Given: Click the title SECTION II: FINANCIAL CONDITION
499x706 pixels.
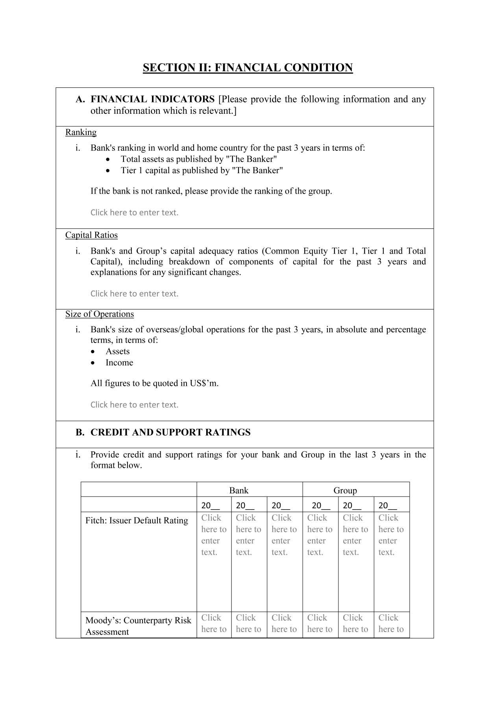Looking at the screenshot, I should pyautogui.click(x=248, y=68).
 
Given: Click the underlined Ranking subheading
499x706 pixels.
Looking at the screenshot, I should pyautogui.click(x=81, y=132).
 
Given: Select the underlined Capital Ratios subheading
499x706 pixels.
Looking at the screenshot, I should pyautogui.click(x=91, y=235).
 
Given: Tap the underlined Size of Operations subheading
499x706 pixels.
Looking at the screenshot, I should pyautogui.click(x=100, y=314).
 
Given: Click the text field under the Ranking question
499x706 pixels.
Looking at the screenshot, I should pyautogui.click(x=135, y=213).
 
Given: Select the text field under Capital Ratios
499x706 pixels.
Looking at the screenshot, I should pyautogui.click(x=135, y=294).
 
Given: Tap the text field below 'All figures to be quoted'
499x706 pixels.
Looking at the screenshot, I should pyautogui.click(x=135, y=405).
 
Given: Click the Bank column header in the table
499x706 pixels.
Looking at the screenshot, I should pyautogui.click(x=239, y=491).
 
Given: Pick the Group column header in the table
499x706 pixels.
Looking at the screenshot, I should pyautogui.click(x=345, y=491).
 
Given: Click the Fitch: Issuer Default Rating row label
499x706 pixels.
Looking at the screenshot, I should pyautogui.click(x=137, y=521).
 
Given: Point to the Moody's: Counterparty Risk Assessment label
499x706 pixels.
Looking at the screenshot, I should pyautogui.click(x=138, y=626).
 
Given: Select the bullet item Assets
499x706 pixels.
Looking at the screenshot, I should pyautogui.click(x=117, y=352).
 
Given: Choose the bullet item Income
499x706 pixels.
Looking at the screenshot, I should pyautogui.click(x=119, y=363).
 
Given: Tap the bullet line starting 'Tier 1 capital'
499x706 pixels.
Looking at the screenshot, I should pyautogui.click(x=202, y=170).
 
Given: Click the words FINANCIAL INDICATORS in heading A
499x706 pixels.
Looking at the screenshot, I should pyautogui.click(x=152, y=99).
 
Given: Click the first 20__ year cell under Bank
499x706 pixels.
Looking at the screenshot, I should pyautogui.click(x=211, y=506).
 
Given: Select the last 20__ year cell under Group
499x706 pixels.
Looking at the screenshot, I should pyautogui.click(x=388, y=506).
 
